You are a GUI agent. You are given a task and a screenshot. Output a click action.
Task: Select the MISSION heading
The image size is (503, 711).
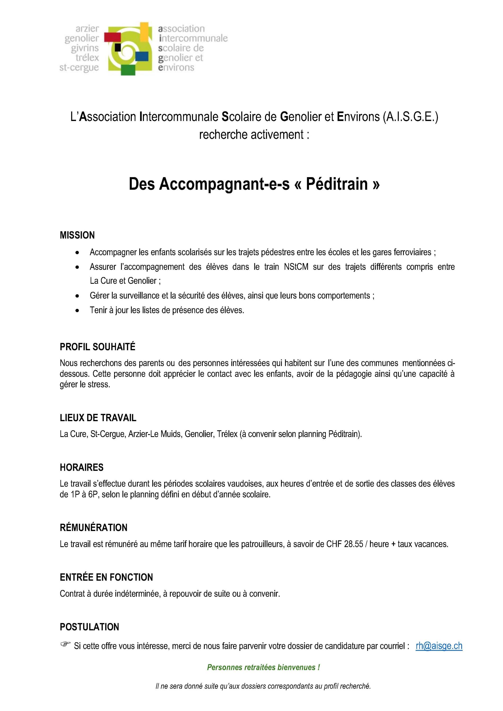77,235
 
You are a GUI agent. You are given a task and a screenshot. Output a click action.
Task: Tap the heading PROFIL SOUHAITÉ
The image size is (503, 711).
98,347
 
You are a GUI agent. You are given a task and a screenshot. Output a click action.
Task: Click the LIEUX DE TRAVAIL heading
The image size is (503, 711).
98,418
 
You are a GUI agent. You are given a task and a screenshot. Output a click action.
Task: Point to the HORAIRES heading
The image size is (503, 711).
82,467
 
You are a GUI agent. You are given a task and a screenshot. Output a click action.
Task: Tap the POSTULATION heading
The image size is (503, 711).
89,627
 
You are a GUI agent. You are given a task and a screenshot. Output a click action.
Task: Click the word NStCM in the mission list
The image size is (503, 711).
296,267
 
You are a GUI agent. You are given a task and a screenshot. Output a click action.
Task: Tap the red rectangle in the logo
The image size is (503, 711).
112,37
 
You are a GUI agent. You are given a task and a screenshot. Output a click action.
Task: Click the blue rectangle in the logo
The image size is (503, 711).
142,56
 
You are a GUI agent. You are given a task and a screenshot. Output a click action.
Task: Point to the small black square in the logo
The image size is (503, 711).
118,47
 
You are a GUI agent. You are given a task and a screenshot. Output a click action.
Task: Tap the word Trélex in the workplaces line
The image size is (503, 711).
227,434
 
